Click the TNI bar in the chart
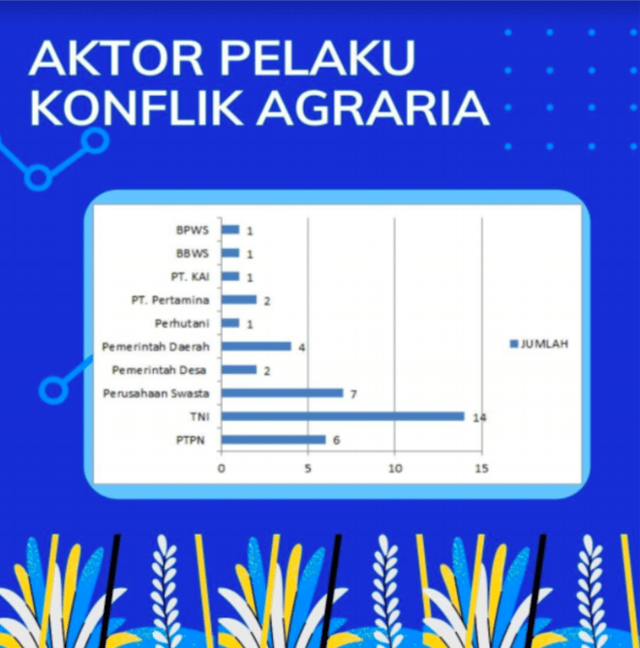coord(343,417)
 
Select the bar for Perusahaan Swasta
coord(282,393)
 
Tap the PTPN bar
coord(273,440)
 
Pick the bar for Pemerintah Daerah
coord(256,346)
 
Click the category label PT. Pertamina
coord(170,300)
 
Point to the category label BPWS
coord(193,231)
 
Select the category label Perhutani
coord(183,323)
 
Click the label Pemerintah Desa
coord(160,370)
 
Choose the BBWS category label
coord(193,254)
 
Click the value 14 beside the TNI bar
coord(477,417)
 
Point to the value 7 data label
coord(354,394)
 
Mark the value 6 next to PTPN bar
coord(337,441)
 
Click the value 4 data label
coord(302,347)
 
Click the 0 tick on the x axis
coord(222,470)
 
